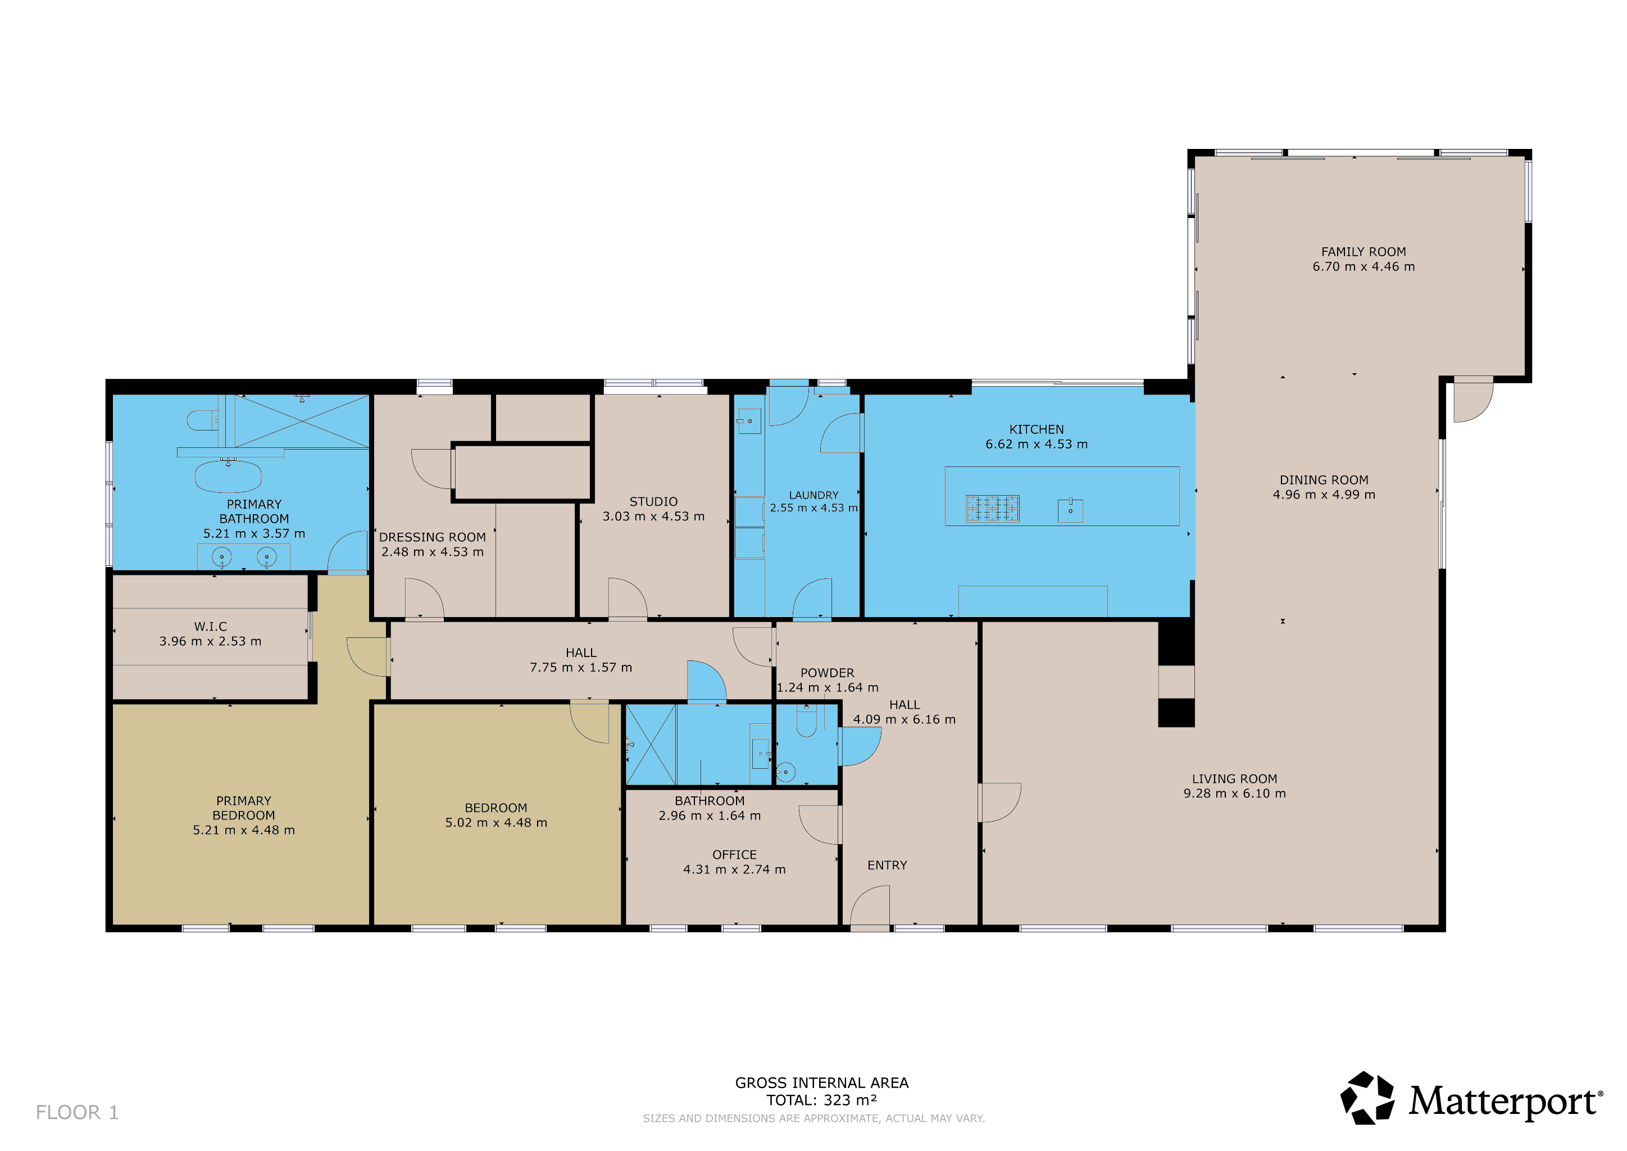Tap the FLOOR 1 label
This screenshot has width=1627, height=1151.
point(77,1112)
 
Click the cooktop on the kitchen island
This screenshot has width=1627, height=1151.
point(992,508)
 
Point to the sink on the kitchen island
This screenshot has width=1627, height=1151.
point(1070,510)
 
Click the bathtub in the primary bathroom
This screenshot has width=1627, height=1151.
point(228,476)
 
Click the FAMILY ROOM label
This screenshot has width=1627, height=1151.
point(1364,252)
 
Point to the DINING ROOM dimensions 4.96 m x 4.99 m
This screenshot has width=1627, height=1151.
point(1324,495)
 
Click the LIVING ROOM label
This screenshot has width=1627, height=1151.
point(1234,778)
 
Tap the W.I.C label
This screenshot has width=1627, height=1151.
point(211,627)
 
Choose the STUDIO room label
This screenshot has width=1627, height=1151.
point(653,502)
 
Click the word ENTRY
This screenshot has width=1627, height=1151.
point(887,865)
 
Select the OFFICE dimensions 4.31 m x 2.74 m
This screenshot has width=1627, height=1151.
point(734,869)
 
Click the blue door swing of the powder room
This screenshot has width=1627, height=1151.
point(860,746)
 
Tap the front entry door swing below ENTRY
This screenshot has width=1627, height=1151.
point(870,905)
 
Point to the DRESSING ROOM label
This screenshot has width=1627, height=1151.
point(432,537)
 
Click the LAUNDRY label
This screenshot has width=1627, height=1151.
point(813,495)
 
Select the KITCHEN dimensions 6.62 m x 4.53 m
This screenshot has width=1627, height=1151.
point(1036,445)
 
